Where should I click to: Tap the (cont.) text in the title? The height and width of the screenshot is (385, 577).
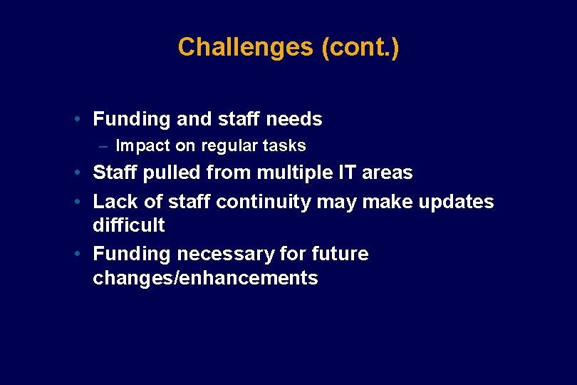pos(360,47)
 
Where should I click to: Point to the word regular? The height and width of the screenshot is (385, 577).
pos(228,146)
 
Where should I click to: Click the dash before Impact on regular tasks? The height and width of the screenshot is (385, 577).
pos(104,146)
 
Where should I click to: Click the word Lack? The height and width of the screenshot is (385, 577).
pos(115,202)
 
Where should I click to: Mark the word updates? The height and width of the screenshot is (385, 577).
pos(456,202)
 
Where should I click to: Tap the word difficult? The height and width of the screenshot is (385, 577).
pos(128,225)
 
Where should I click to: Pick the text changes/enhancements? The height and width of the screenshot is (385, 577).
pos(205,278)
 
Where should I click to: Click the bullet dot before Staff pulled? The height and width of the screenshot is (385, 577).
pos(83,173)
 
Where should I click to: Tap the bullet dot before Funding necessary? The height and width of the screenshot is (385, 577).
pos(83,255)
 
